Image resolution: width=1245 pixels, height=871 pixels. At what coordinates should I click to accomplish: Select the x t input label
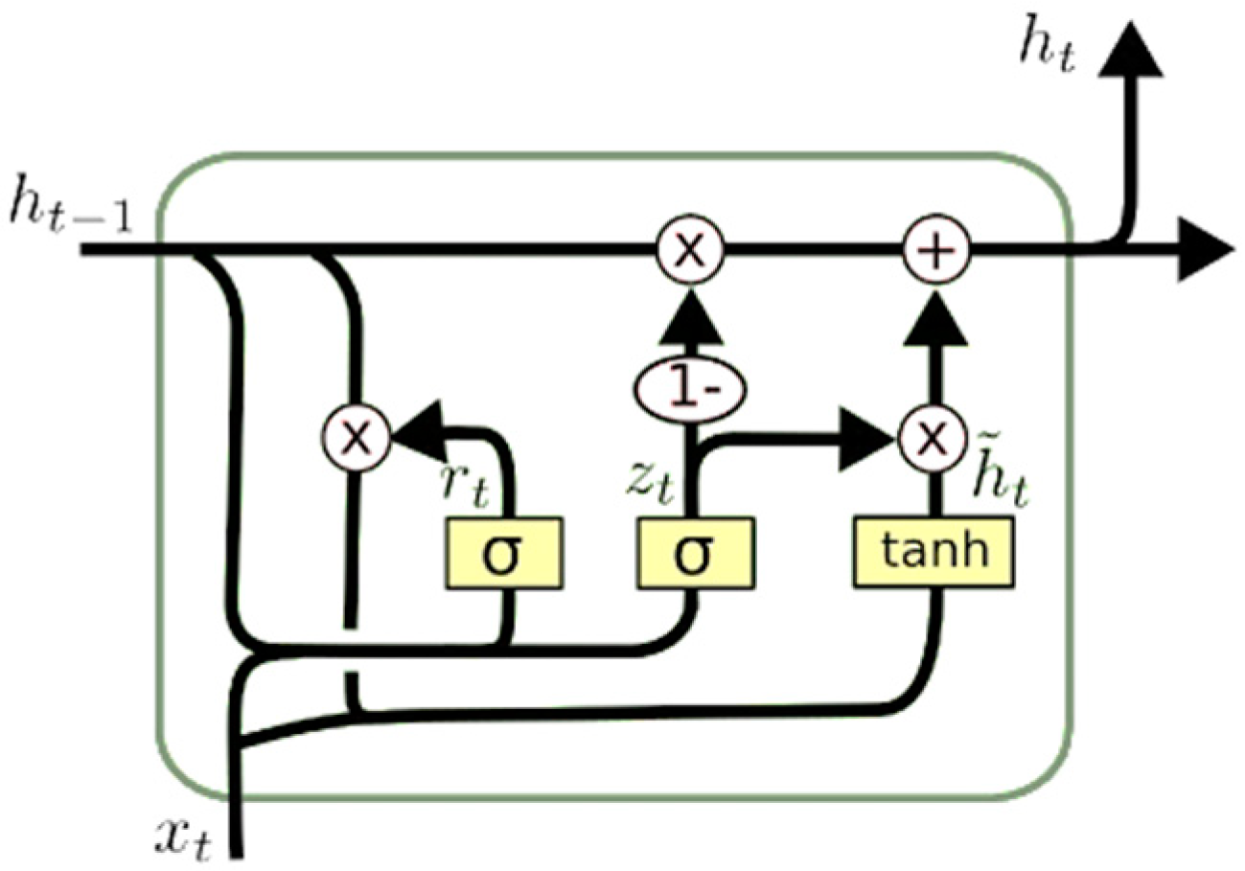pyautogui.click(x=184, y=836)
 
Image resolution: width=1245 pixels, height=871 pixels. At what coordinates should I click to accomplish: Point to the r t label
pyautogui.click(x=463, y=486)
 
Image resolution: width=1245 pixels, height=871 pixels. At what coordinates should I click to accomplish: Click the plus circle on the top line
pyautogui.click(x=937, y=252)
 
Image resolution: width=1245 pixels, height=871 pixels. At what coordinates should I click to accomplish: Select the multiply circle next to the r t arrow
pyautogui.click(x=356, y=438)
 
